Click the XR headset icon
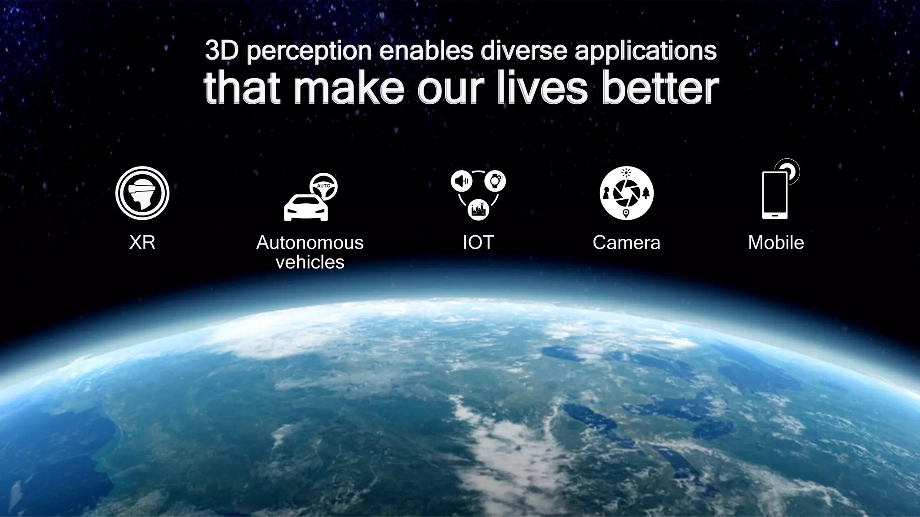click(x=142, y=193)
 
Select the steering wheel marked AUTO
click(x=323, y=186)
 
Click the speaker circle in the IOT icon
click(x=461, y=181)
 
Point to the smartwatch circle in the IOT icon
click(x=495, y=181)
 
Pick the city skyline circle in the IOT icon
click(x=478, y=209)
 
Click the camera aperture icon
click(x=626, y=193)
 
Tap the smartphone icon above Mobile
click(x=775, y=196)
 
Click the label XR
click(x=142, y=243)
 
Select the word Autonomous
click(x=310, y=243)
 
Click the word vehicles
click(x=310, y=262)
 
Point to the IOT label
click(x=478, y=243)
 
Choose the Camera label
click(x=626, y=243)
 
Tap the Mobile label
click(x=776, y=243)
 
